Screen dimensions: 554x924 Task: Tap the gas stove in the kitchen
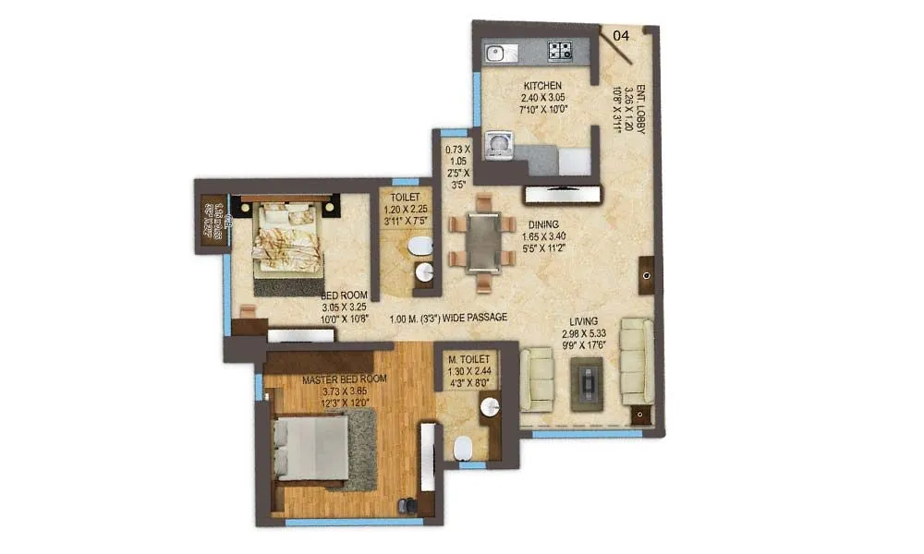coord(560,52)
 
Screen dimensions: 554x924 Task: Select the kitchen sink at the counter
coord(496,52)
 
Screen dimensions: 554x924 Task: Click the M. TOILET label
coord(468,357)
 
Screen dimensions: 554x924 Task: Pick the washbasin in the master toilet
coord(488,407)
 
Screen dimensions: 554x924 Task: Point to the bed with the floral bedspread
coord(287,238)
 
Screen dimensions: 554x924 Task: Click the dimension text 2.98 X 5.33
coord(585,333)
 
